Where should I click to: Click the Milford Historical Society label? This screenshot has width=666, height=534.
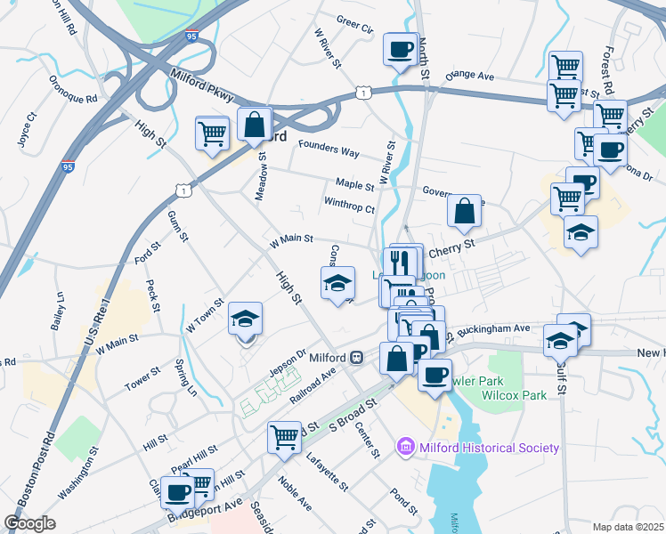(488, 448)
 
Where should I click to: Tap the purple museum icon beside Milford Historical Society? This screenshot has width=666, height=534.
(406, 447)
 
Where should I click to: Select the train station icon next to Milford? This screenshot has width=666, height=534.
(356, 357)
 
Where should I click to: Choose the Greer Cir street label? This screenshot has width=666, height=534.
(354, 23)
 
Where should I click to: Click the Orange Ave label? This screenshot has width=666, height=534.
(469, 77)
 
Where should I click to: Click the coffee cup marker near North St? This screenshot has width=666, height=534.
(400, 46)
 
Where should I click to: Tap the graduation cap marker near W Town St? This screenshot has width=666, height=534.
(246, 318)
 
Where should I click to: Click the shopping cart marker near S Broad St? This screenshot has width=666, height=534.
(284, 436)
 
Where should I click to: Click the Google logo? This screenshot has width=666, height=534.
(29, 523)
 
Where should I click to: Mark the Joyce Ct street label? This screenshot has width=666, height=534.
(27, 129)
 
